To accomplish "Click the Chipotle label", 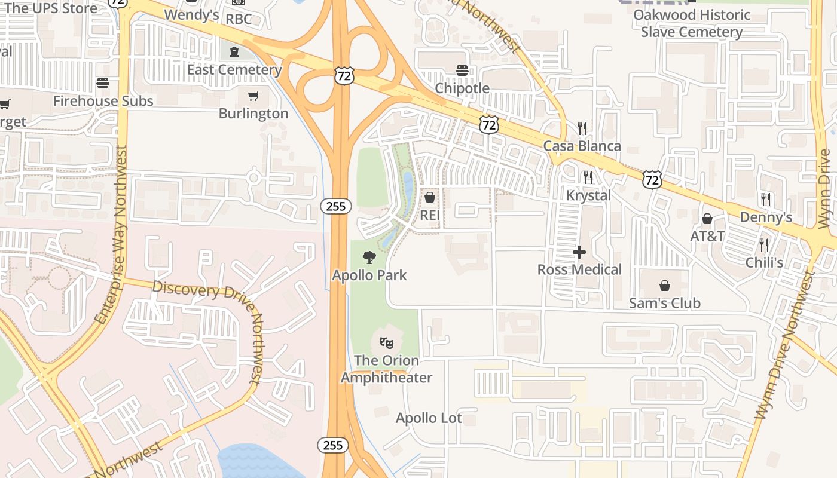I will coord(462,88).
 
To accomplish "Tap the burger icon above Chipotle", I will coord(462,71).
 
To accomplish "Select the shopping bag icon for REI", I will coord(429,197).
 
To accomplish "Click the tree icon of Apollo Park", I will coord(369,258).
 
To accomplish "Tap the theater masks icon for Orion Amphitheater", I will coord(386,343).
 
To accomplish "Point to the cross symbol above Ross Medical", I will coord(579,252).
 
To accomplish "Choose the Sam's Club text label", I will coord(664,303).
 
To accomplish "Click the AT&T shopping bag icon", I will coord(707,219).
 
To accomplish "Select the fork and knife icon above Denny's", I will coord(765,199).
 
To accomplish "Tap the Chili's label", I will coord(764,262).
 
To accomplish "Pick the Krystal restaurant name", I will coord(588,195).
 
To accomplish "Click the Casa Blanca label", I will coord(582,146).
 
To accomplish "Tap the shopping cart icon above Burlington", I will coord(253,96).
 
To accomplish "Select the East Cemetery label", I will coord(234,69).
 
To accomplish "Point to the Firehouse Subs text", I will coord(103,101).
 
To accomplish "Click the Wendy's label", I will coord(191,14).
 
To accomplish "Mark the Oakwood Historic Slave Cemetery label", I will coord(692,23).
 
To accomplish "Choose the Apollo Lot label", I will coord(429,418).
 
